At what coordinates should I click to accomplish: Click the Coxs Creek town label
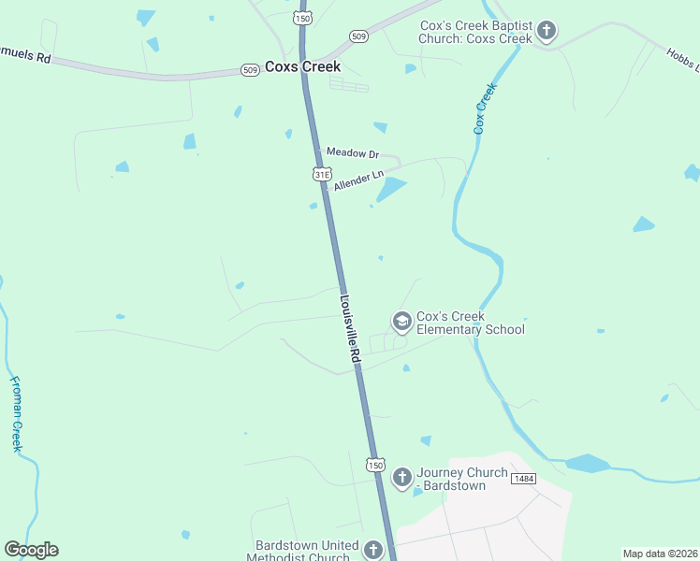pos(302,67)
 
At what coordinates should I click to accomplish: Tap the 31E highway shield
pos(322,174)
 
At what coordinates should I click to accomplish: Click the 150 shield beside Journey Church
pos(375,465)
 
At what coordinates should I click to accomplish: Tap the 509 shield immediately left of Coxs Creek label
pos(250,70)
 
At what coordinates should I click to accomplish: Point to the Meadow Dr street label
pos(352,152)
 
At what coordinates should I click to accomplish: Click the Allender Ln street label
pos(358,181)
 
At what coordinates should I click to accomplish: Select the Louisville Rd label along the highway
pos(350,330)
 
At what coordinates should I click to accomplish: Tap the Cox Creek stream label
pos(483,108)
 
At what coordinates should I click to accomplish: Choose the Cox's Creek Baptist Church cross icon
pos(547,32)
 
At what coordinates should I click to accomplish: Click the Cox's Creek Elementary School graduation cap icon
pos(401,323)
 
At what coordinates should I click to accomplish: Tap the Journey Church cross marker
pos(401,478)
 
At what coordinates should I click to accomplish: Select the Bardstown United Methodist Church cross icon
pos(373,551)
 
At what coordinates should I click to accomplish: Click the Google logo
pos(31,550)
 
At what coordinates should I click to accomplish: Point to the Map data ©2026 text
pos(660,554)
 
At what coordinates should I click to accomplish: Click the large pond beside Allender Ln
pos(390,190)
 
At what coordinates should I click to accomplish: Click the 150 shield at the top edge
pos(301,18)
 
